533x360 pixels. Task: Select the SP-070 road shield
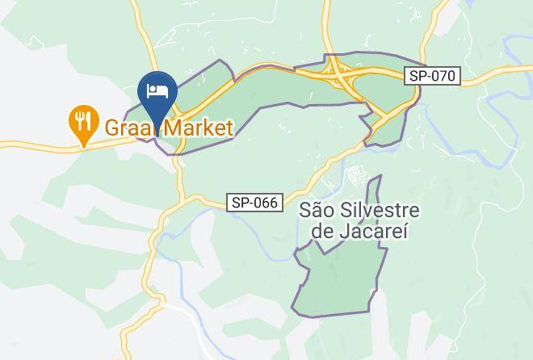click(432, 77)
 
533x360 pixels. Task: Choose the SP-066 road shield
click(254, 203)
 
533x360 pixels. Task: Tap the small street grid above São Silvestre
click(355, 175)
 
